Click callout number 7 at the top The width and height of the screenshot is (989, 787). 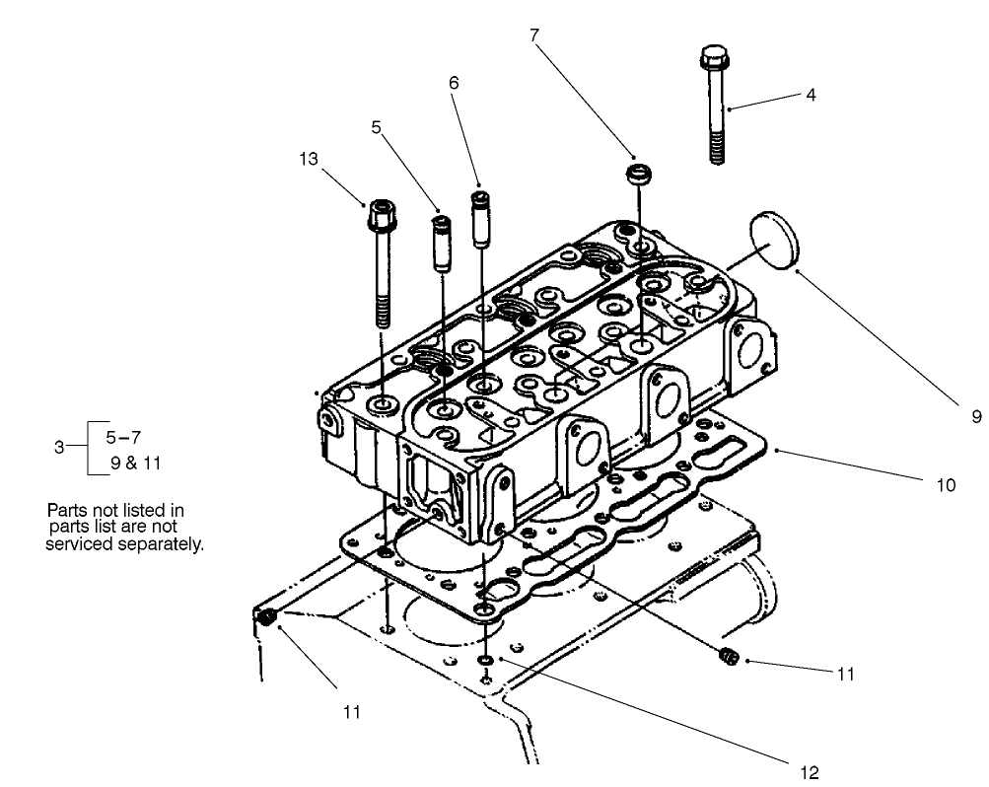(x=533, y=36)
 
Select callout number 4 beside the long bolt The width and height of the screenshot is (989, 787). (x=810, y=97)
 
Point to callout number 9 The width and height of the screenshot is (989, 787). (x=975, y=417)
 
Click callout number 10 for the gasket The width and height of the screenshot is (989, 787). (x=946, y=485)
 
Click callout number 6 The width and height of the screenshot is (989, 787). (x=454, y=84)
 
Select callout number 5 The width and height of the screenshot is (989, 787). (x=376, y=126)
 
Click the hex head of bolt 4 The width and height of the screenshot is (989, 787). (x=714, y=58)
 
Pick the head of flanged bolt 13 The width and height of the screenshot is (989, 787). (x=381, y=214)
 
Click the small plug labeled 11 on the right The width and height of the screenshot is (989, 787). (x=728, y=654)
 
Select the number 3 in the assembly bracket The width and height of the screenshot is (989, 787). (x=59, y=447)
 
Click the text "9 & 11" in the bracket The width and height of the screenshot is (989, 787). (x=132, y=460)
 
